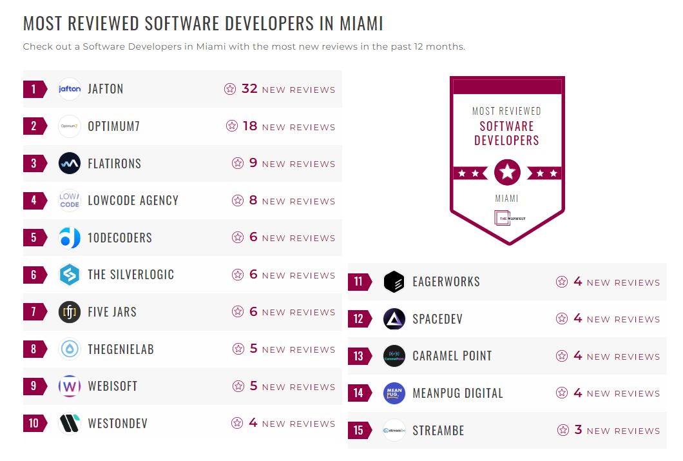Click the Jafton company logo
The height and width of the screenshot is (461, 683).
[x=70, y=89]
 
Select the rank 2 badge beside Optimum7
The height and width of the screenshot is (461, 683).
[x=34, y=126]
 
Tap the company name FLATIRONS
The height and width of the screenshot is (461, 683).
[x=114, y=164]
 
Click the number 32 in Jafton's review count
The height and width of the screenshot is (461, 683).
[x=249, y=89]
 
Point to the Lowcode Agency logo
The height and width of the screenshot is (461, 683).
[x=70, y=201]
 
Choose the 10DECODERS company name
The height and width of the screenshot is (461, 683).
[x=120, y=238]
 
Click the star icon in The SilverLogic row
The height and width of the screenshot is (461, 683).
[x=238, y=275]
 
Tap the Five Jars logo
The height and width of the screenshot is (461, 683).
[x=70, y=312]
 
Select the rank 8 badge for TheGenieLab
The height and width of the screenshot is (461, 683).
[x=34, y=349]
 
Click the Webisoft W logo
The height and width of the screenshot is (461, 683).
[x=70, y=386]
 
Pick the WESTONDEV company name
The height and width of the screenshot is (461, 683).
[x=117, y=424]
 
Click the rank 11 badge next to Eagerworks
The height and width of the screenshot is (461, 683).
[x=359, y=282]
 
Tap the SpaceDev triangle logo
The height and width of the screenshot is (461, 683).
[x=394, y=319]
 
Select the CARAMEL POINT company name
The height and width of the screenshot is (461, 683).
[x=452, y=356]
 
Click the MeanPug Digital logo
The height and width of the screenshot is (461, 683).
[x=394, y=393]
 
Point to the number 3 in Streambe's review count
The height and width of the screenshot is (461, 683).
[x=578, y=430]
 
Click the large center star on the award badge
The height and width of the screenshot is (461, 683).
[x=507, y=173]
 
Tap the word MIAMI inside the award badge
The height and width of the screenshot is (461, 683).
[x=506, y=199]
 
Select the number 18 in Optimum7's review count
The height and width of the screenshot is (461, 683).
[x=250, y=126]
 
